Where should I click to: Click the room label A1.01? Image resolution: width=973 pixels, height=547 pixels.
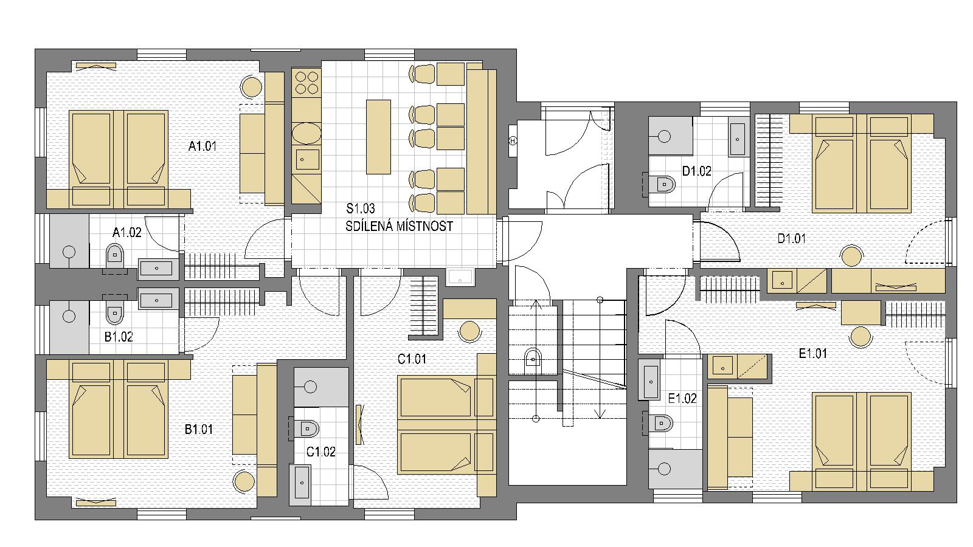(x=203, y=146)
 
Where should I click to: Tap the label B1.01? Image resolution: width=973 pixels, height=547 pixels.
(x=199, y=429)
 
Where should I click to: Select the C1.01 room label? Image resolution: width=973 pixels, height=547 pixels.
(x=412, y=359)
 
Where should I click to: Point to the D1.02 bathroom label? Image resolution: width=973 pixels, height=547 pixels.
(x=697, y=171)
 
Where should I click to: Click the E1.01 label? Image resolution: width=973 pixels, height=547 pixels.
(x=812, y=353)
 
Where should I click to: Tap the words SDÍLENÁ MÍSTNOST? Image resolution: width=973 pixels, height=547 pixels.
(x=399, y=226)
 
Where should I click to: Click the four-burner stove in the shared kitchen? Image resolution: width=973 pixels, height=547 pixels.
(x=306, y=83)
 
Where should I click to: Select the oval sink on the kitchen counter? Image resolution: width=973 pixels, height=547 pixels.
(x=306, y=133)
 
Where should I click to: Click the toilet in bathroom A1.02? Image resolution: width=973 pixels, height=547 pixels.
(x=115, y=256)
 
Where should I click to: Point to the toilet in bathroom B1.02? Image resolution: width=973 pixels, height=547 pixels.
(x=115, y=311)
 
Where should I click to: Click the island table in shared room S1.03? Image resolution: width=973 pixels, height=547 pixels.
(x=378, y=137)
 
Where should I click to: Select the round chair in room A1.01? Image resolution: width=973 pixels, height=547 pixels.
(x=252, y=86)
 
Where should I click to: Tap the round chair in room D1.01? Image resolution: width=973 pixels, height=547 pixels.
(x=851, y=256)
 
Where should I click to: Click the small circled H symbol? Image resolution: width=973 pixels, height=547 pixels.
(x=513, y=141)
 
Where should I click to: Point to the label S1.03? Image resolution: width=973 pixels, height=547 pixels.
(x=361, y=209)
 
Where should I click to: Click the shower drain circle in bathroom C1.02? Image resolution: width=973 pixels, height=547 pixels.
(x=310, y=387)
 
